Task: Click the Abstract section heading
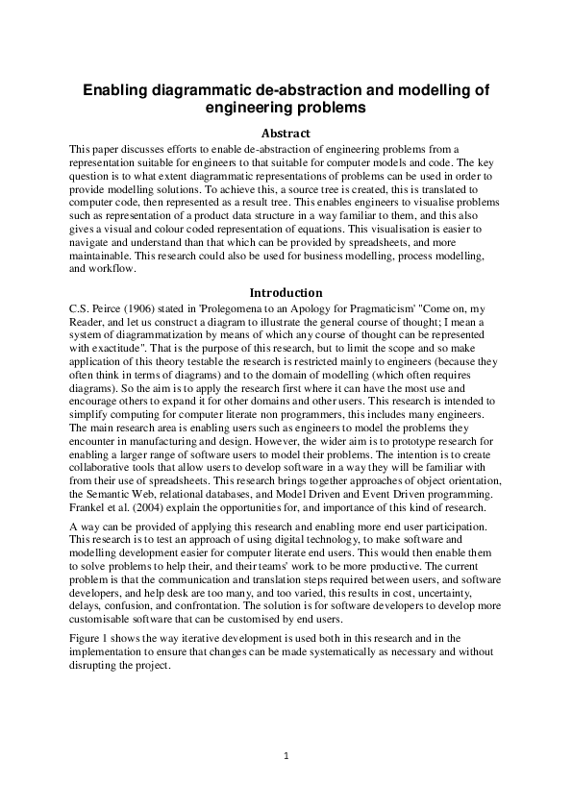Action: click(286, 133)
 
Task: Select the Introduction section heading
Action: click(286, 292)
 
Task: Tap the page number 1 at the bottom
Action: click(286, 755)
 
